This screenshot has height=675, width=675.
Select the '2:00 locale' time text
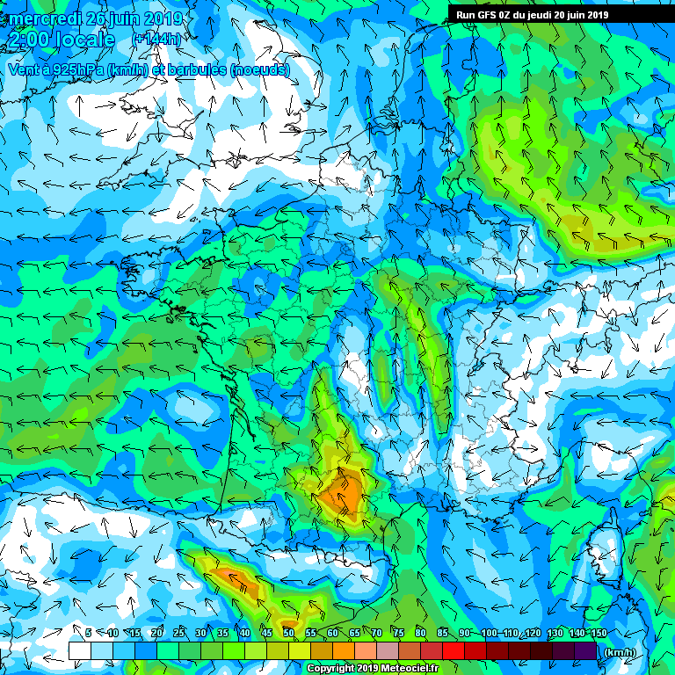click(61, 40)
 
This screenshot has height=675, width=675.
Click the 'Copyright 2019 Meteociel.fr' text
click(372, 668)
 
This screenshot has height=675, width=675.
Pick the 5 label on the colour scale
click(88, 633)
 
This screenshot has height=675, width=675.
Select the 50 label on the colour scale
click(288, 633)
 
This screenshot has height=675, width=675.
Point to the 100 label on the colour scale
click(489, 633)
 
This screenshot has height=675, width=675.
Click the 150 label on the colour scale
click(599, 633)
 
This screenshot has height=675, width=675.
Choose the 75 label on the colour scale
click(398, 633)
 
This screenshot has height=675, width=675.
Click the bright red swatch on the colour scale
click(454, 650)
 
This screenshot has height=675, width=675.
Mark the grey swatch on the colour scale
click(388, 650)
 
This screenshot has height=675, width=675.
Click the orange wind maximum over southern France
click(342, 492)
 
